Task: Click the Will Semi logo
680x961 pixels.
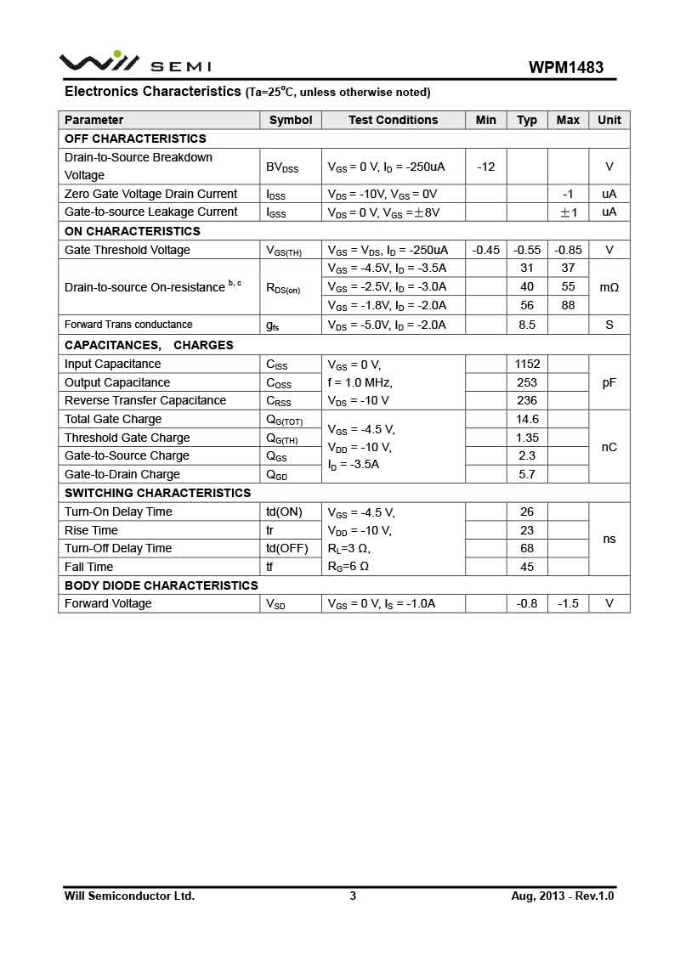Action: (134, 64)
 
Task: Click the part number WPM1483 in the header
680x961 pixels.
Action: (566, 67)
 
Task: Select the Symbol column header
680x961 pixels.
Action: (291, 120)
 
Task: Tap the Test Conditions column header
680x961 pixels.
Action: (393, 120)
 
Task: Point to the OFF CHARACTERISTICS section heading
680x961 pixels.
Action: (135, 138)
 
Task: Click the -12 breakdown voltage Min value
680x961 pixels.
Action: (486, 167)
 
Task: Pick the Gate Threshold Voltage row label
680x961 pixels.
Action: (127, 250)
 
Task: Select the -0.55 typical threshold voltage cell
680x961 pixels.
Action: (527, 250)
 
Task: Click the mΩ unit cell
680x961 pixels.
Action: (609, 287)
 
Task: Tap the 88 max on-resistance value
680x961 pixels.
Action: (569, 306)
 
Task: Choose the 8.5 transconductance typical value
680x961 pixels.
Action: (527, 325)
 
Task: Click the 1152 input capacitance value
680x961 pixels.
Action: (527, 364)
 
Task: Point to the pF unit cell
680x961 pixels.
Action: (609, 382)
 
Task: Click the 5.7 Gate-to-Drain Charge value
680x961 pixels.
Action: (527, 474)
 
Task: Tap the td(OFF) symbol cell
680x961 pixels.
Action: (286, 548)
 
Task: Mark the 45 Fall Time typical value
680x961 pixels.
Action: (527, 567)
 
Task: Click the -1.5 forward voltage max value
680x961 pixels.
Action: (569, 603)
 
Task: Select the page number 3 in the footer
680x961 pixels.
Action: (353, 896)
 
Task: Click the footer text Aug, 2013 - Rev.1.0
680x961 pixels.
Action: (563, 896)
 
